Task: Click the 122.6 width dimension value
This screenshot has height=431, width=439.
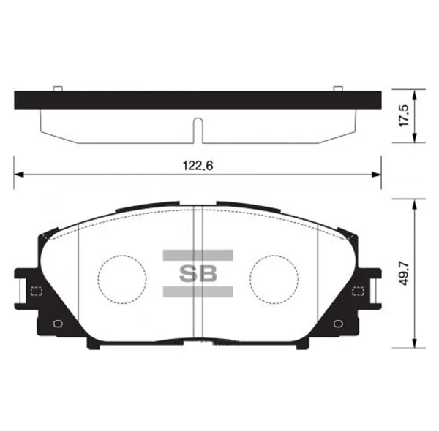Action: (198, 166)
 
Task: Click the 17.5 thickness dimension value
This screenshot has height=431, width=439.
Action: (404, 115)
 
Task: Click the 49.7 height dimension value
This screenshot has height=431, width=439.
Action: (404, 274)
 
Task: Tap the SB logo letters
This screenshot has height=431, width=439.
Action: (198, 274)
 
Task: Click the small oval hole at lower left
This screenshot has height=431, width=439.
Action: (58, 324)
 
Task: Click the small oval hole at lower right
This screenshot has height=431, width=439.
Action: (338, 324)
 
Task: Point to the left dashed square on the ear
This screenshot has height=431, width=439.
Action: (36, 291)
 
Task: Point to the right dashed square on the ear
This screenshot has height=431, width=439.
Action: (358, 291)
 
